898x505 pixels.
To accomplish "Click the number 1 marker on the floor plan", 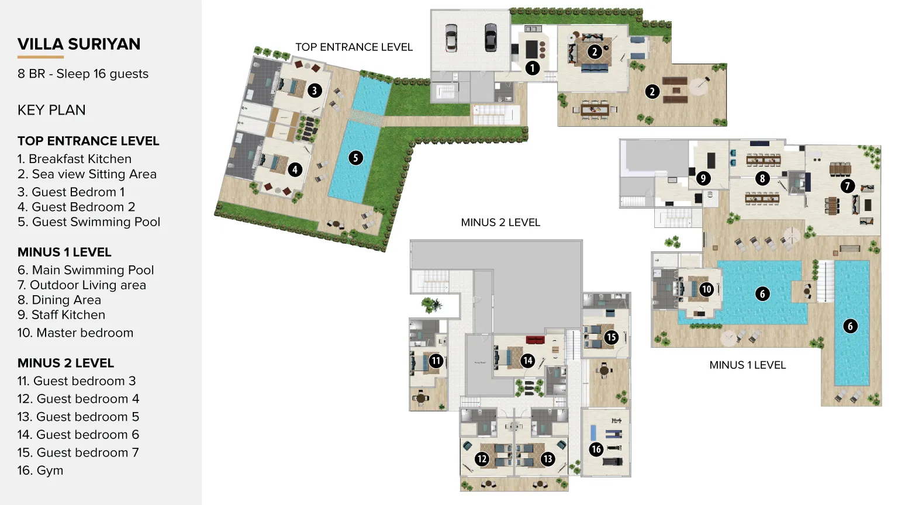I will [532, 68].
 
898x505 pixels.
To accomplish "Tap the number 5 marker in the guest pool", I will [355, 158].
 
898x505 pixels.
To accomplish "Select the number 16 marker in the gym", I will [596, 449].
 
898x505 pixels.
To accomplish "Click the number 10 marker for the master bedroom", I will [706, 289].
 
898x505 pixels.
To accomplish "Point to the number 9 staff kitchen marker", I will [703, 178].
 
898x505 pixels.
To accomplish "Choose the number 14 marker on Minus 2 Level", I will [528, 361].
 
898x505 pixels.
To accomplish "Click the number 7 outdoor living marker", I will [847, 186].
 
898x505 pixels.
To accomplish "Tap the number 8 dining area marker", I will [762, 178].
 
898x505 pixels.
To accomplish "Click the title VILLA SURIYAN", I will [79, 44].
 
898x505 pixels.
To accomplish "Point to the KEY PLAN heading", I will [51, 110].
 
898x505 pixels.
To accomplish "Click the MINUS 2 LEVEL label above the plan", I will [500, 223].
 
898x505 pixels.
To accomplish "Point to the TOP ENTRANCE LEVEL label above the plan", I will [354, 47].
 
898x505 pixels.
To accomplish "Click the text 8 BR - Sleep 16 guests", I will [83, 74].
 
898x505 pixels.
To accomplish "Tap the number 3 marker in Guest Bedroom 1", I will [315, 91].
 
